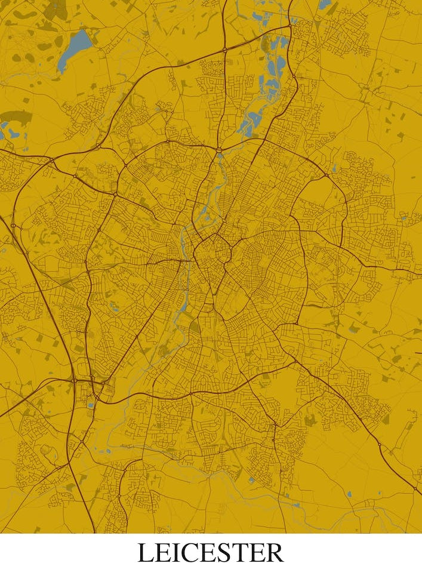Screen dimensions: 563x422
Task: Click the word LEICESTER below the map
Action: (211, 551)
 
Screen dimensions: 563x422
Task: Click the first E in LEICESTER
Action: (162, 551)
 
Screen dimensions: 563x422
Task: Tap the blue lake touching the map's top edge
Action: (324, 4)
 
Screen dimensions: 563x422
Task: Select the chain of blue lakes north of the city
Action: (272, 72)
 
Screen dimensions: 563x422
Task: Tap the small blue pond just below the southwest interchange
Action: (91, 405)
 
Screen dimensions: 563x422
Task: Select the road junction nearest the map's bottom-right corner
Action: (415, 490)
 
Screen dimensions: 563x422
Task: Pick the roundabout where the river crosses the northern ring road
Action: (220, 149)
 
